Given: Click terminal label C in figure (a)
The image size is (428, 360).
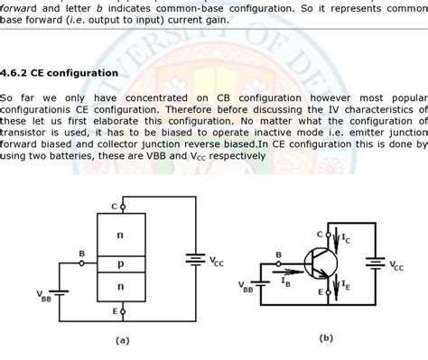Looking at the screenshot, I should point(114,206).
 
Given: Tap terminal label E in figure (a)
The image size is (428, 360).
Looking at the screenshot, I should point(114,311).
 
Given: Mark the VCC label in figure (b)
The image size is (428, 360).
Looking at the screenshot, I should point(397,266).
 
